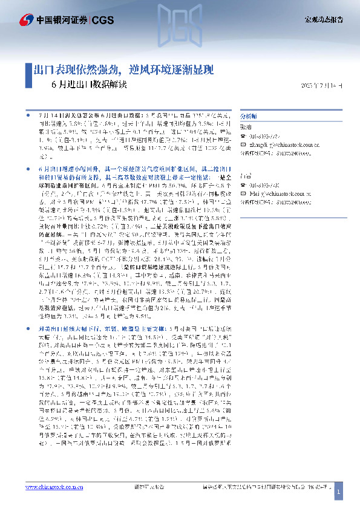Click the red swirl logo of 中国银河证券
coord(25,20)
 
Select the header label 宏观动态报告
coord(323,20)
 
